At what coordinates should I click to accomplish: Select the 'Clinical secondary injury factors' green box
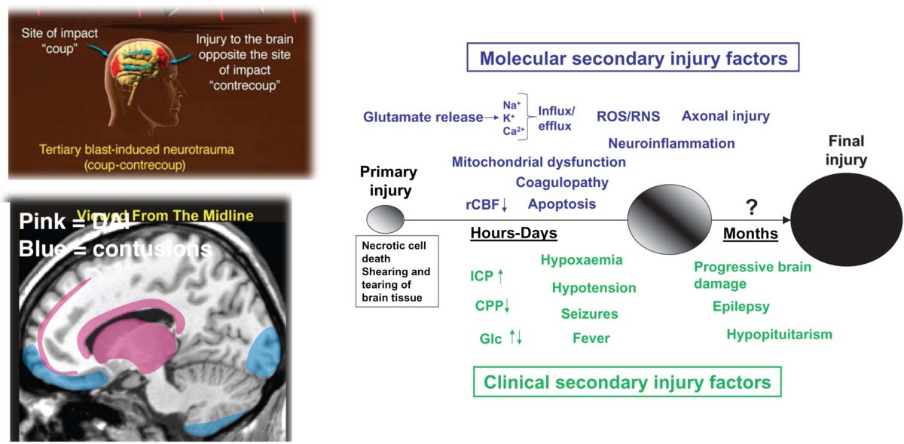(x=628, y=382)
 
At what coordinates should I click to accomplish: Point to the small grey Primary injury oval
(x=384, y=221)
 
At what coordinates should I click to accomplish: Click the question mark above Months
(x=750, y=205)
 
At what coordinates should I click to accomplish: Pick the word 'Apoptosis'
(x=562, y=204)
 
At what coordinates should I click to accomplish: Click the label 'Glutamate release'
(x=422, y=117)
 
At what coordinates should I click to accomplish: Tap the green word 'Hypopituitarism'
(x=780, y=334)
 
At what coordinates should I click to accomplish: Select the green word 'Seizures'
(x=589, y=314)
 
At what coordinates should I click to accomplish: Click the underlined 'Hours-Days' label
(x=514, y=234)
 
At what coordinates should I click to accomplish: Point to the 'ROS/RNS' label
(x=628, y=116)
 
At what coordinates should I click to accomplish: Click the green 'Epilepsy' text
(x=741, y=306)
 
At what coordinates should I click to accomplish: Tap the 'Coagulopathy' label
(x=562, y=182)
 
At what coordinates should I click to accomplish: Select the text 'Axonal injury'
(x=725, y=115)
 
